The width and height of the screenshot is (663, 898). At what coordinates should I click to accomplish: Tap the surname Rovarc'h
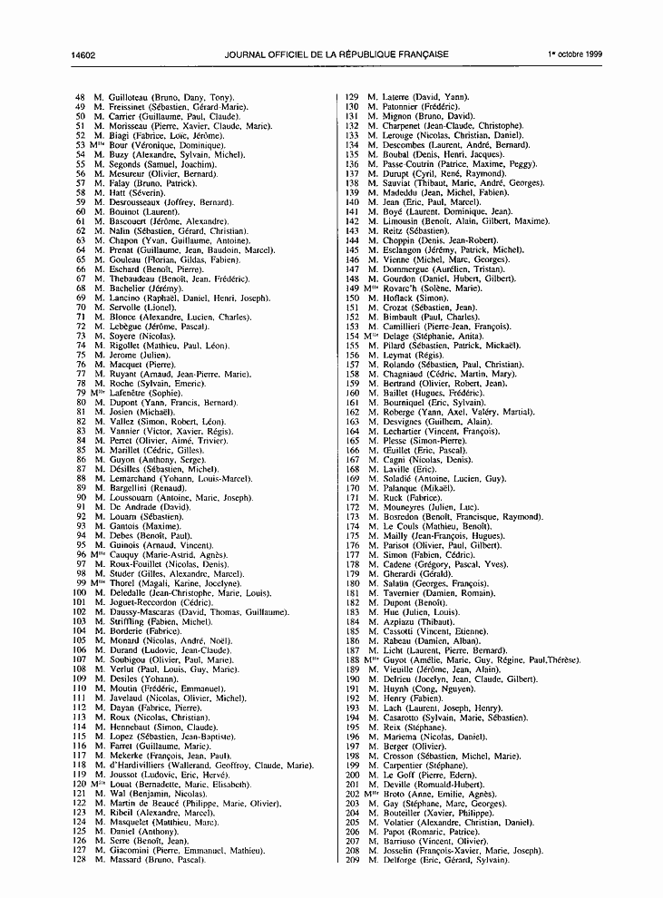click(x=398, y=288)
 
